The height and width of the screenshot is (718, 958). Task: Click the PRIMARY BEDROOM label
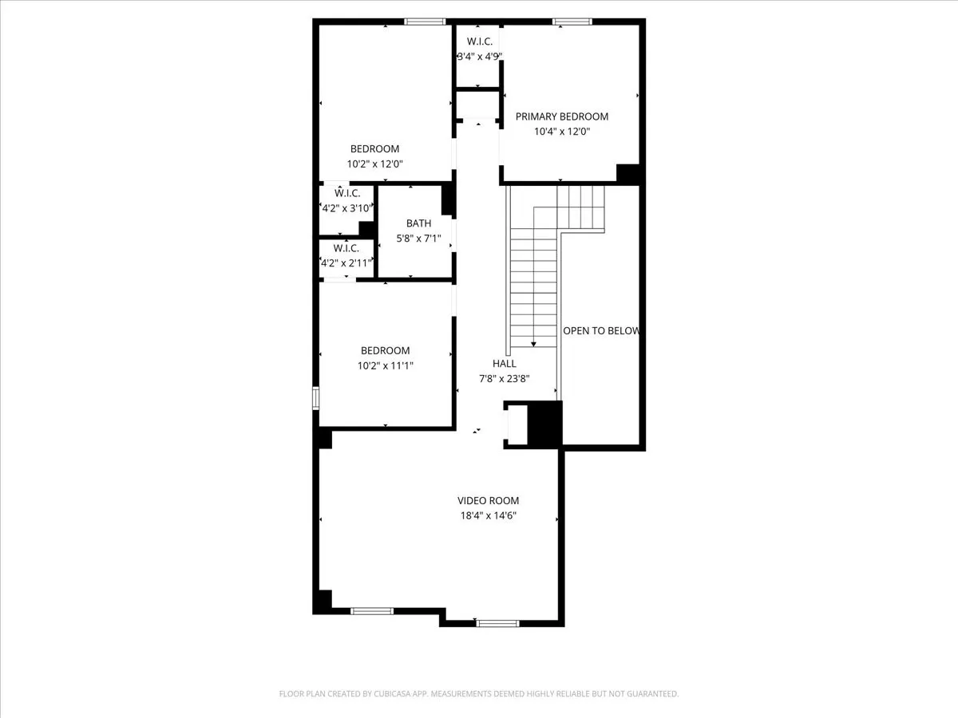click(561, 116)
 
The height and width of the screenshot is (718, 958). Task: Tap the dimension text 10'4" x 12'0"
click(561, 132)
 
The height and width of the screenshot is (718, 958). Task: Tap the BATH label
click(418, 223)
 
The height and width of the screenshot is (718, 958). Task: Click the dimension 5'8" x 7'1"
click(418, 238)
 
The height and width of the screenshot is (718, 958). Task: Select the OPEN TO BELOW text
click(601, 330)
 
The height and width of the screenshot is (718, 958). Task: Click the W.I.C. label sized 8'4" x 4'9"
click(479, 41)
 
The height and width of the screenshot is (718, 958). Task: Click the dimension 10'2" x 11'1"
click(386, 365)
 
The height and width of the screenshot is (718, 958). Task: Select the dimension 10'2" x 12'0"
click(374, 164)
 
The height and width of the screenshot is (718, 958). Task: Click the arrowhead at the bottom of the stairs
click(533, 343)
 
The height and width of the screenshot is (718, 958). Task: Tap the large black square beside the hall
click(546, 423)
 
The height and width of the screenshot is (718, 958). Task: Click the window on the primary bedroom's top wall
click(572, 22)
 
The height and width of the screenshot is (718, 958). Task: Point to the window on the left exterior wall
click(316, 397)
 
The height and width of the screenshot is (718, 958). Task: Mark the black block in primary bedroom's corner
click(628, 173)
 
